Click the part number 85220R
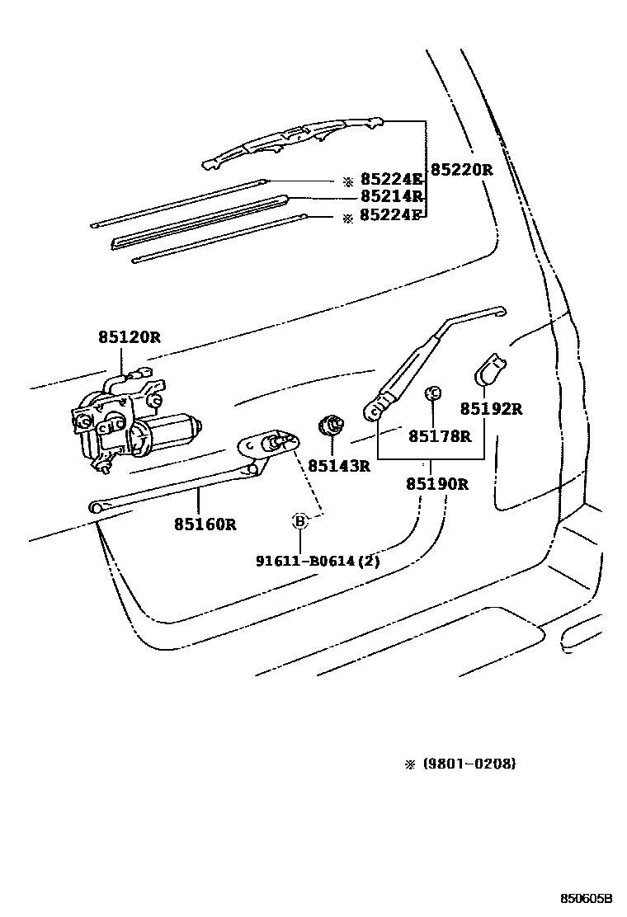click(x=461, y=171)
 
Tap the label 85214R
click(x=392, y=197)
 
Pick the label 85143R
click(x=339, y=466)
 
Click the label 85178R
click(x=439, y=436)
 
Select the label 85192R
click(x=492, y=409)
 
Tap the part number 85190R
click(x=436, y=484)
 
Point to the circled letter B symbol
click(x=300, y=520)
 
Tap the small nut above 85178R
click(x=431, y=393)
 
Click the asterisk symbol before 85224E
click(x=348, y=180)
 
